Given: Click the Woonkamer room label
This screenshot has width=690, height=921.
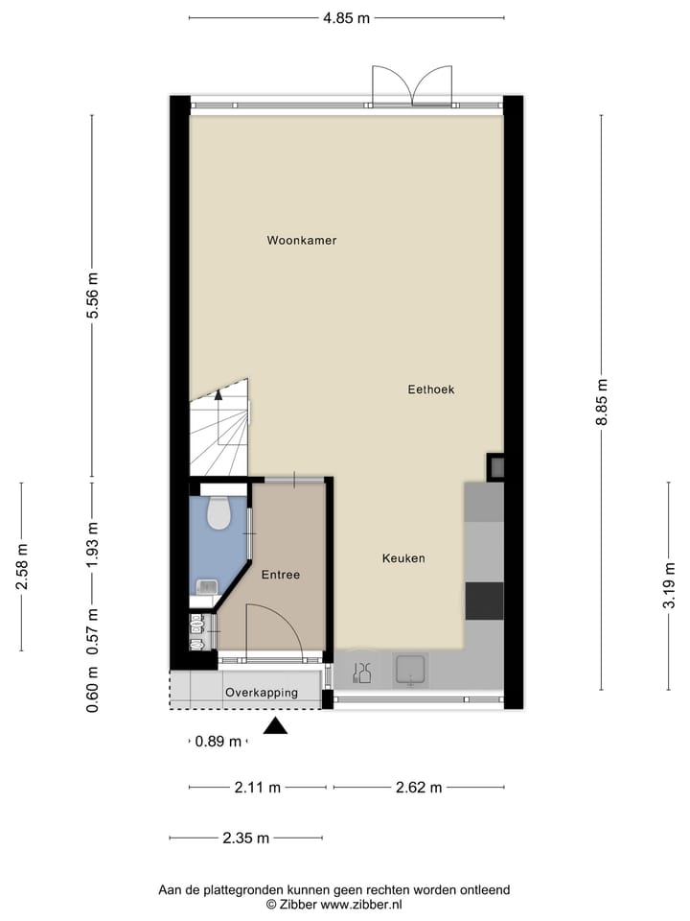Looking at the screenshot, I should [x=302, y=241].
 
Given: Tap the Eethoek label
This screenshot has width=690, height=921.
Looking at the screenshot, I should [x=430, y=390].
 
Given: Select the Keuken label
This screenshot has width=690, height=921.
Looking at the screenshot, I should [x=403, y=558].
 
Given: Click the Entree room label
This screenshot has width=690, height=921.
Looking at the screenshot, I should [x=281, y=576].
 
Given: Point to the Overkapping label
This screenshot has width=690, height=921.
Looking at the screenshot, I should [x=262, y=693].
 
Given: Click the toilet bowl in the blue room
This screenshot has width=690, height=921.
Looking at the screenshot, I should [x=219, y=515].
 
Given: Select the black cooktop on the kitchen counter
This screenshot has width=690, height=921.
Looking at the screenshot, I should [x=484, y=601].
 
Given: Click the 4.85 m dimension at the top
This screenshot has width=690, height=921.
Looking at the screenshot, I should [x=346, y=17].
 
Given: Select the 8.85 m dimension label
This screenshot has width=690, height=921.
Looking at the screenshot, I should [x=602, y=402].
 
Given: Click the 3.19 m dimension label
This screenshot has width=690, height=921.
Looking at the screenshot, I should [x=670, y=585].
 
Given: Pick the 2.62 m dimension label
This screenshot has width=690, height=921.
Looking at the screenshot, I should [x=419, y=788].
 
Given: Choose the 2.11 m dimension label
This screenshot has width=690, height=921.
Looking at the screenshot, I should [x=258, y=788].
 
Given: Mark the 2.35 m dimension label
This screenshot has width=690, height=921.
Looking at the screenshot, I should [x=246, y=838].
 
